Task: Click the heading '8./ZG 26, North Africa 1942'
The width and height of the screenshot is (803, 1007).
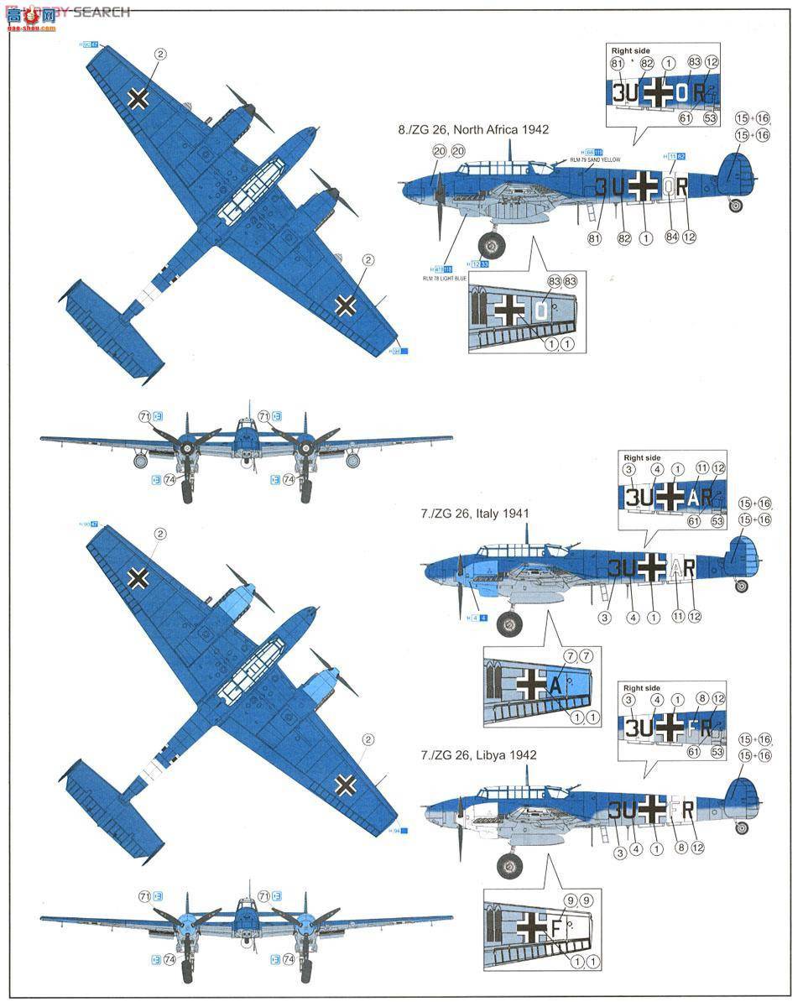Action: pyautogui.click(x=473, y=130)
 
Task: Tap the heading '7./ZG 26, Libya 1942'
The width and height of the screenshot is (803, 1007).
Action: pyautogui.click(x=478, y=755)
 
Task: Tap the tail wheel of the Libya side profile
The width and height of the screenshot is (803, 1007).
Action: pyautogui.click(x=742, y=828)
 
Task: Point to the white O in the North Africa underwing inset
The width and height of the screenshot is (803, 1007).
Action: pyautogui.click(x=541, y=311)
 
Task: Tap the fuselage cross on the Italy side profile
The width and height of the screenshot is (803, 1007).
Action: pyautogui.click(x=649, y=568)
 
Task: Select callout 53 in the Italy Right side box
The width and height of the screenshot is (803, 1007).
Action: pyautogui.click(x=716, y=521)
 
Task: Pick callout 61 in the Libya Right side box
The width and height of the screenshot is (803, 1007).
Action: pyautogui.click(x=692, y=752)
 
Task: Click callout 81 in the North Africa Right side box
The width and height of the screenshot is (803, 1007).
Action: pyautogui.click(x=618, y=64)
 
